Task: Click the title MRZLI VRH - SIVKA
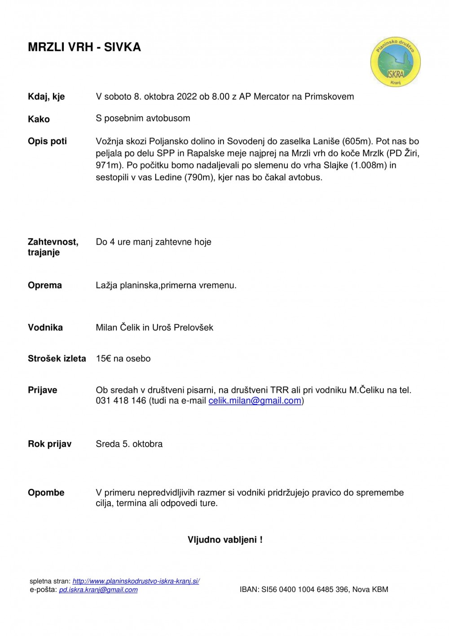coord(84,47)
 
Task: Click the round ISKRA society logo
coord(395,62)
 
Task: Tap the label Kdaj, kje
coord(46,97)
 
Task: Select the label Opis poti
coord(47,141)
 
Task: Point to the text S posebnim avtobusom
coord(143,118)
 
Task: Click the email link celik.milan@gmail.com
coord(255,401)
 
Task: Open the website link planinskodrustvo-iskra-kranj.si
coord(136,581)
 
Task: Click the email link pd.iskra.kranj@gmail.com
coord(98,590)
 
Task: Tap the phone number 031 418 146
coord(121,401)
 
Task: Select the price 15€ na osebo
coord(123,359)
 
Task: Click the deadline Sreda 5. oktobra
coord(129,444)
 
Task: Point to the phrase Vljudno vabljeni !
coord(225,540)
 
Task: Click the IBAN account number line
coord(314,590)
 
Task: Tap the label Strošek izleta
coord(57,359)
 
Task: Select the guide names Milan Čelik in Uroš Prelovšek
coord(154,327)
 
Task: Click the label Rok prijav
coord(50,444)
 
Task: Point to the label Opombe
coord(46,493)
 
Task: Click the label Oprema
coord(45,285)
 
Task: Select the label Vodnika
coord(45,327)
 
